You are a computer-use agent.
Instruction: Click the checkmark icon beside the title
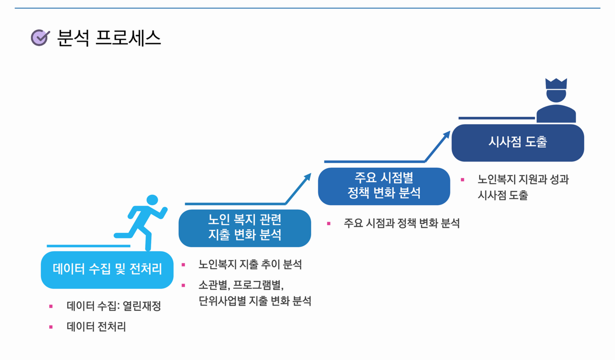pyautogui.click(x=40, y=37)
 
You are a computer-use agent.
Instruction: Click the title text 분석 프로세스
pyautogui.click(x=109, y=38)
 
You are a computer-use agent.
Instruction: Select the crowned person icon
pyautogui.click(x=556, y=101)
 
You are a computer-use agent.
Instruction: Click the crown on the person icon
pyautogui.click(x=556, y=84)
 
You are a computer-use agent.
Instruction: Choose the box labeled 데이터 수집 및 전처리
pyautogui.click(x=107, y=269)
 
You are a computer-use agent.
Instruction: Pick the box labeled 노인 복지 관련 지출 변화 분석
pyautogui.click(x=244, y=228)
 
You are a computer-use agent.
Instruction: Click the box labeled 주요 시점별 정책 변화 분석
pyautogui.click(x=384, y=186)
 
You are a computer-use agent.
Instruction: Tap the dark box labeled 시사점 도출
pyautogui.click(x=518, y=142)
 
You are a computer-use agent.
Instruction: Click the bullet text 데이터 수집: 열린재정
pyautogui.click(x=114, y=306)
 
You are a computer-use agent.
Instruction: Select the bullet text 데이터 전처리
pyautogui.click(x=96, y=327)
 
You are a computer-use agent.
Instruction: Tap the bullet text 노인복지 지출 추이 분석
pyautogui.click(x=250, y=265)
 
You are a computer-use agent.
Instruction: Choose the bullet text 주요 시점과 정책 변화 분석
pyautogui.click(x=401, y=223)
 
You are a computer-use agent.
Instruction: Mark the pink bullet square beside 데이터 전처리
pyautogui.click(x=51, y=327)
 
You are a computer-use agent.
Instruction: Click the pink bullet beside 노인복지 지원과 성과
pyautogui.click(x=462, y=179)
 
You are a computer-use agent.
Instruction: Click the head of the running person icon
pyautogui.click(x=152, y=199)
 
